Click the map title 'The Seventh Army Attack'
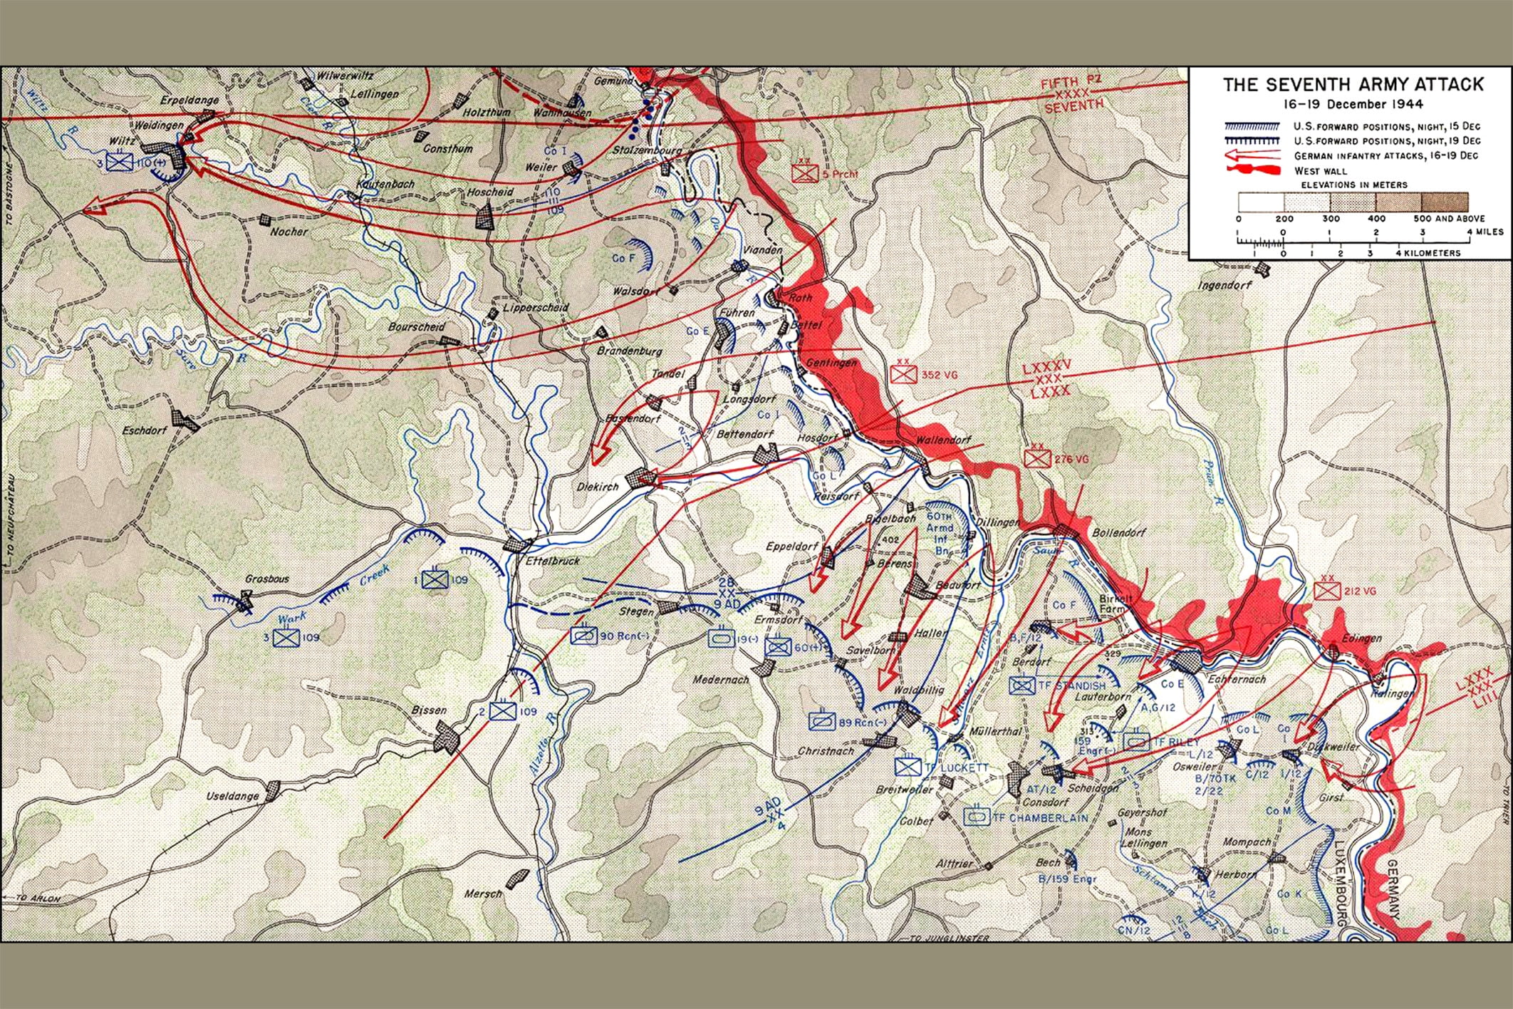1353,85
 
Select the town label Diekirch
598,486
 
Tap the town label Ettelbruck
553,562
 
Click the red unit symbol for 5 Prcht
806,173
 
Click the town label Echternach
1237,680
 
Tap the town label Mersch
483,894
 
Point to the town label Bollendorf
1117,533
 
